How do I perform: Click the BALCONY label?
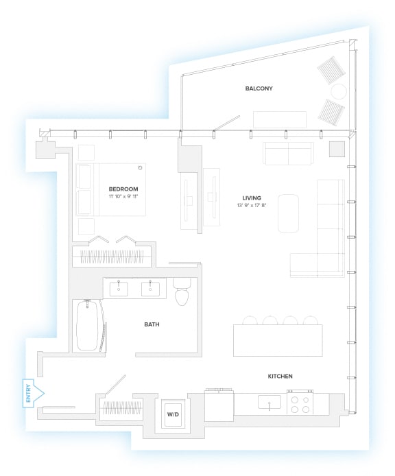point(259,88)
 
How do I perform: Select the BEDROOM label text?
point(123,189)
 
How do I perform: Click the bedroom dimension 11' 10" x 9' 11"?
point(123,197)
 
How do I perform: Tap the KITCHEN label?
point(280,377)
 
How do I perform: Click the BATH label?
point(152,324)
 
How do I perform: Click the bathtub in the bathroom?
point(90,326)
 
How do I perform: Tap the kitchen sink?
point(270,402)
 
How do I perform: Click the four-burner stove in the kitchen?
point(301,404)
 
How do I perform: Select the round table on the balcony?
point(339,91)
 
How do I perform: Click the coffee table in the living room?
point(288,213)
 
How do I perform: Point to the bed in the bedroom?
point(111,189)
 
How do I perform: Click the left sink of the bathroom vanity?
point(119,287)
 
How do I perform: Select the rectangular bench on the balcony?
point(280,119)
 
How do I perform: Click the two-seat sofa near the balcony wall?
point(288,154)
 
